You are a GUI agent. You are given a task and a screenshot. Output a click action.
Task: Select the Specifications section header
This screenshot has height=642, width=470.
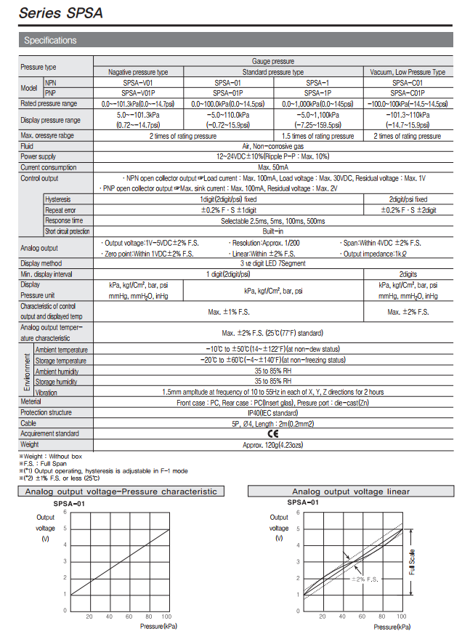pos(50,40)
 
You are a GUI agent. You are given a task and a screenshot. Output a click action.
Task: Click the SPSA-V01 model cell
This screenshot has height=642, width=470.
pos(137,83)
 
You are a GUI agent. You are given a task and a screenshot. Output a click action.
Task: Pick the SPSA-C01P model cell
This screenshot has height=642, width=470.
pos(407,93)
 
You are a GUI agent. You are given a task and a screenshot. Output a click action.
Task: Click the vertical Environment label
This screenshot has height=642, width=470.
pos(28,371)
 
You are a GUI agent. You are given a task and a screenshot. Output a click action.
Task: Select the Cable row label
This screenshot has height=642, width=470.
pos(28,423)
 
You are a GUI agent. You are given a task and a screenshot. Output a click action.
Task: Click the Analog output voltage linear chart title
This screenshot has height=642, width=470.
pos(350,491)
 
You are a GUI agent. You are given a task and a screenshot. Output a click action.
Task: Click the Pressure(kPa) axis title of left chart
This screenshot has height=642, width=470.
pos(158,626)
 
